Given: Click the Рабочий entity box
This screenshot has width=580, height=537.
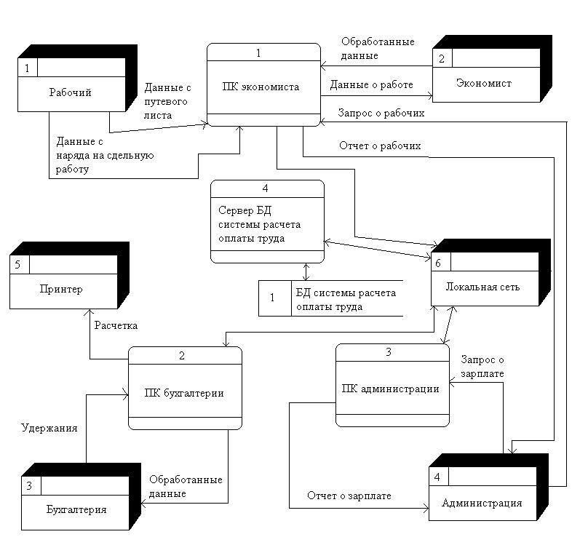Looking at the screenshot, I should pyautogui.click(x=70, y=92).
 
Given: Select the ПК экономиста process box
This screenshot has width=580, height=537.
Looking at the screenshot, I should pyautogui.click(x=263, y=87).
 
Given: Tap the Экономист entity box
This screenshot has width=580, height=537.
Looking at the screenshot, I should pyautogui.click(x=483, y=84).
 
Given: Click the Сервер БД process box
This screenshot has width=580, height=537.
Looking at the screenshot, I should pyautogui.click(x=267, y=221).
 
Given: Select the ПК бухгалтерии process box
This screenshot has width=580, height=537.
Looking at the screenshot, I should pyautogui.click(x=185, y=394).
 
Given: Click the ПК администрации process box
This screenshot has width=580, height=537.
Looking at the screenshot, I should pyautogui.click(x=391, y=388).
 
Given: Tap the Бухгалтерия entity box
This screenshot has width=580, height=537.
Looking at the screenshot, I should pyautogui.click(x=76, y=509).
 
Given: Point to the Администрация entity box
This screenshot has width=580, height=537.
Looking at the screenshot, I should pyautogui.click(x=481, y=503).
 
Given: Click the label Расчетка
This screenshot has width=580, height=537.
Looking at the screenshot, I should pyautogui.click(x=116, y=325).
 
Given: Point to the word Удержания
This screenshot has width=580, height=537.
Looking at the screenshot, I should pyautogui.click(x=49, y=429).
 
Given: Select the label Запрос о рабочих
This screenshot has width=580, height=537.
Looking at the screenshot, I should pyautogui.click(x=381, y=114).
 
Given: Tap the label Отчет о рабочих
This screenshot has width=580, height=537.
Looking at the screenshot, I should pyautogui.click(x=380, y=146).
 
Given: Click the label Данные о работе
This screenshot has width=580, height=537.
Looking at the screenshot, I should pyautogui.click(x=371, y=85).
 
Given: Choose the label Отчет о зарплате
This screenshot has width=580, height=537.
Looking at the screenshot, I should pyautogui.click(x=349, y=496).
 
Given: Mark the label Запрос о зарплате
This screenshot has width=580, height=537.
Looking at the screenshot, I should pyautogui.click(x=482, y=367).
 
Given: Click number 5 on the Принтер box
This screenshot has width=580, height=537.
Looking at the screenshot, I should pyautogui.click(x=17, y=265).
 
